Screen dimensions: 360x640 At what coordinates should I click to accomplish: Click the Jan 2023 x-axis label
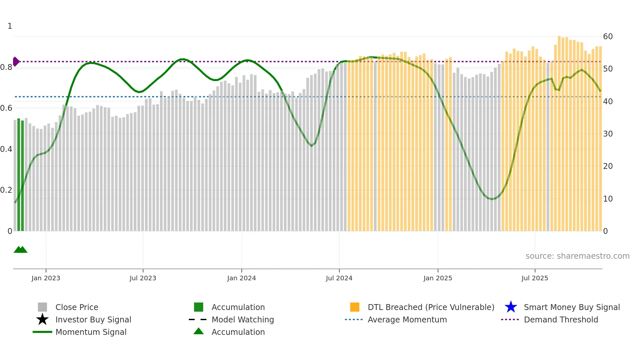[x=46, y=278]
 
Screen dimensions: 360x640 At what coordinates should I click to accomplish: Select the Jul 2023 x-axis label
[x=143, y=278]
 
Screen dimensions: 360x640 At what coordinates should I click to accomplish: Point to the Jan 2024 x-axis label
[x=241, y=278]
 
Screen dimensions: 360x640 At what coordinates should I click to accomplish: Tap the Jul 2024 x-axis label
[x=339, y=278]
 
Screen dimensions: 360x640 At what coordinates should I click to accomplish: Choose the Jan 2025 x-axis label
[x=438, y=278]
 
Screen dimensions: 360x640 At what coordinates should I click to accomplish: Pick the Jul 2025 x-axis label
[x=535, y=278]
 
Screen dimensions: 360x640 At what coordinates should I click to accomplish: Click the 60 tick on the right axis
[x=608, y=36]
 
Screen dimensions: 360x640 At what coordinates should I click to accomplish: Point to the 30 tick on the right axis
[x=608, y=134]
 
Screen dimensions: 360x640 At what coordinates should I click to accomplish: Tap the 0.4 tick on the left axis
[x=6, y=149]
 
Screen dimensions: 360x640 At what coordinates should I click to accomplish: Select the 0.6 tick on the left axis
[x=6, y=108]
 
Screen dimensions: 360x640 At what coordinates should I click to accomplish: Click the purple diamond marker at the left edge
[x=16, y=61]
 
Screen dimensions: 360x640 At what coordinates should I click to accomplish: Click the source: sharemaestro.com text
[x=577, y=256]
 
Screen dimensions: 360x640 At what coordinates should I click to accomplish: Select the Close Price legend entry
[x=77, y=307]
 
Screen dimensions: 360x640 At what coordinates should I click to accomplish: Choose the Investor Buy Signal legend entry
[x=93, y=319]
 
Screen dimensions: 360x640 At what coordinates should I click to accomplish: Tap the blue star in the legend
[x=511, y=307]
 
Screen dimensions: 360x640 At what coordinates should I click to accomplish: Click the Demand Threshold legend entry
[x=561, y=319]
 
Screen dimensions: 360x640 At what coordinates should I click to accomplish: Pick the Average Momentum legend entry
[x=407, y=319]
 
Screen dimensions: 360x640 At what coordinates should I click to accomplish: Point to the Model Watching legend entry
[x=243, y=319]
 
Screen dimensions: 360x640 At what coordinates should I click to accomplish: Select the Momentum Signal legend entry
[x=91, y=332]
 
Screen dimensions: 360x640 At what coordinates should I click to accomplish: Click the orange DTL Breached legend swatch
[x=355, y=307]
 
